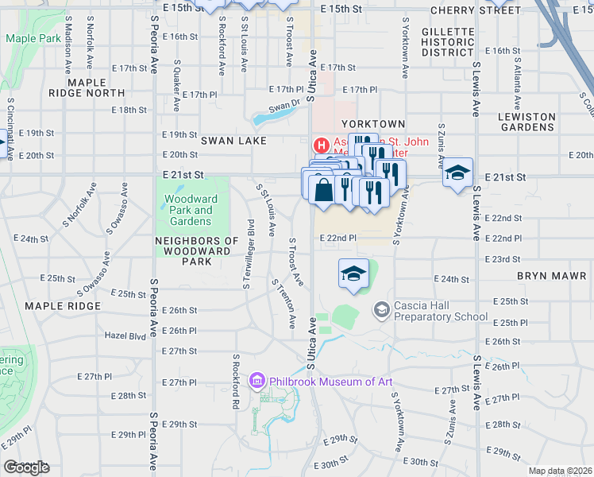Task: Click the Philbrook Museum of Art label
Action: (x=332, y=382)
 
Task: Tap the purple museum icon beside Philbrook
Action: (x=257, y=382)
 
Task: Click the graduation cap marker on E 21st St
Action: (x=457, y=173)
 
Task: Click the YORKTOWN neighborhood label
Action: (x=373, y=124)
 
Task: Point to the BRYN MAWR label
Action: (x=550, y=276)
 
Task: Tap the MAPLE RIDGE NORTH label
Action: (x=97, y=87)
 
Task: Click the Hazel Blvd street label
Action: (x=125, y=336)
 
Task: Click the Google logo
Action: (x=26, y=467)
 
